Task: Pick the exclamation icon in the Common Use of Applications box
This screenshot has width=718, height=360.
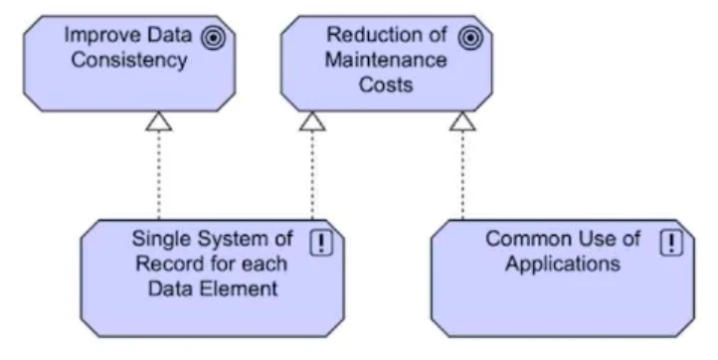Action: [673, 243]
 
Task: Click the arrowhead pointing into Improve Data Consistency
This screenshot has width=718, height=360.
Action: [158, 122]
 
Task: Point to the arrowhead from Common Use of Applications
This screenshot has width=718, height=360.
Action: [461, 122]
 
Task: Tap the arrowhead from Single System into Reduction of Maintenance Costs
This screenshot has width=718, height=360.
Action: [312, 122]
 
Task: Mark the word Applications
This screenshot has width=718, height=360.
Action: [563, 265]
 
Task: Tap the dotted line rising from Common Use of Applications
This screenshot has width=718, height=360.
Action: [461, 179]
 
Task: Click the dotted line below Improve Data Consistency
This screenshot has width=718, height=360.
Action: [158, 179]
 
